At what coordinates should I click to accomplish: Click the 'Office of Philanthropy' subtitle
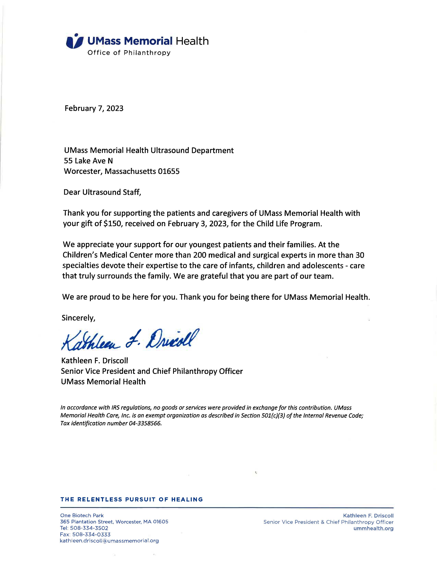(129, 53)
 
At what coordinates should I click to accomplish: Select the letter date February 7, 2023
(94, 108)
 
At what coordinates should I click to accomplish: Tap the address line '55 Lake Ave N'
(88, 161)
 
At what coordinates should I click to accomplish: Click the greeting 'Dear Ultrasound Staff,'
(102, 192)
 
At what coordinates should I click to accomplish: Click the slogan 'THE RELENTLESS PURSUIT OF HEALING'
(131, 500)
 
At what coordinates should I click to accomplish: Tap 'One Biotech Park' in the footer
(82, 516)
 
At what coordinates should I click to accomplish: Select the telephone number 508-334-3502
(89, 528)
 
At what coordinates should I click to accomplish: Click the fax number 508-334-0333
(91, 535)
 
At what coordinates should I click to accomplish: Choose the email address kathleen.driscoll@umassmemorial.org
(109, 541)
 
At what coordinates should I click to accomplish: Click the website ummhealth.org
(373, 529)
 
